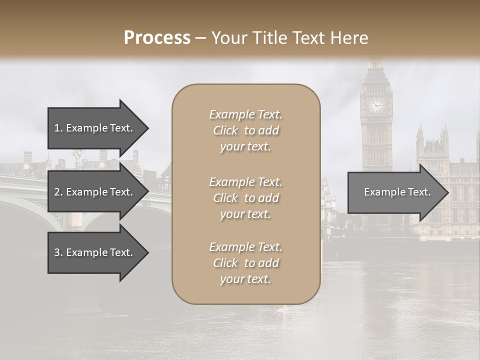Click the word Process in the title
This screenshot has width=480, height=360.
click(157, 38)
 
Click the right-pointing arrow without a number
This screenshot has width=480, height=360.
click(395, 192)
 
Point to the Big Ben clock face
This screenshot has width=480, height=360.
click(376, 105)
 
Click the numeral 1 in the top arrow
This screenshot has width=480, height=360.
click(57, 128)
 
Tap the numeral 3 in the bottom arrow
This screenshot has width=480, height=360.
click(57, 252)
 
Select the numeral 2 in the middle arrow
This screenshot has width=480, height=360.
click(57, 192)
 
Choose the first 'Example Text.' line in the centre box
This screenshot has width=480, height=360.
click(245, 114)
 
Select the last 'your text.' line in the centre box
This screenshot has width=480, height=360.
click(245, 279)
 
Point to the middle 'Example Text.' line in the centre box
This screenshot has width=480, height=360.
click(245, 181)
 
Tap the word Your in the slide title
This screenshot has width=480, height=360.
click(228, 38)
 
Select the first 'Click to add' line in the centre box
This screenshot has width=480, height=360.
click(245, 130)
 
